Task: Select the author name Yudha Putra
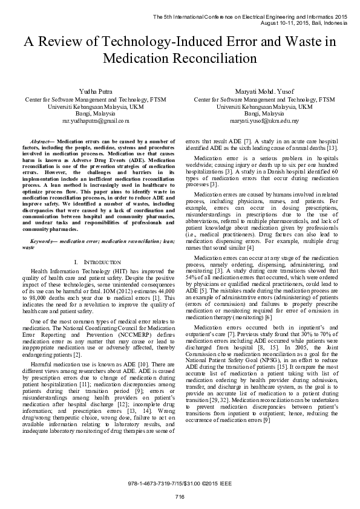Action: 90,90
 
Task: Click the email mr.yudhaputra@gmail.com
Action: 90,121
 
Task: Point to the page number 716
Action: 179,497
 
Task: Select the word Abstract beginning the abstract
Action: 41,140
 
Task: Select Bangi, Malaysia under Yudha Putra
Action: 90,113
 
